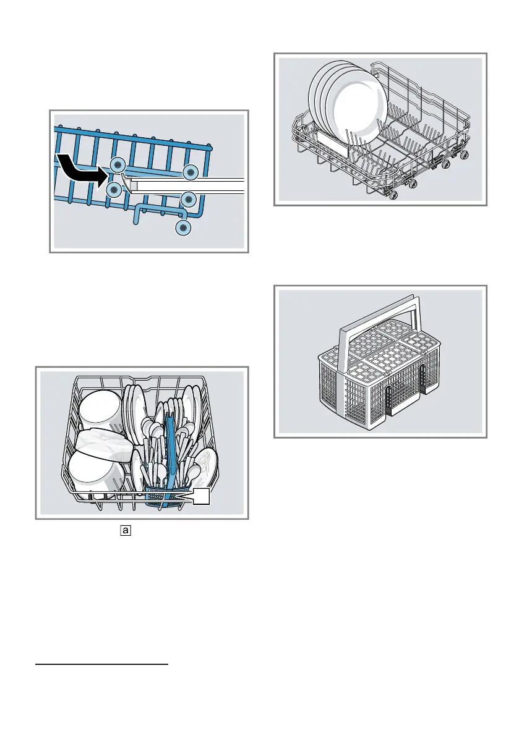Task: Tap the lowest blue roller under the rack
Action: (x=183, y=229)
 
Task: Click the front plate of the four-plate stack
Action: (x=356, y=111)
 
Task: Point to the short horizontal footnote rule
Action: (x=101, y=666)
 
